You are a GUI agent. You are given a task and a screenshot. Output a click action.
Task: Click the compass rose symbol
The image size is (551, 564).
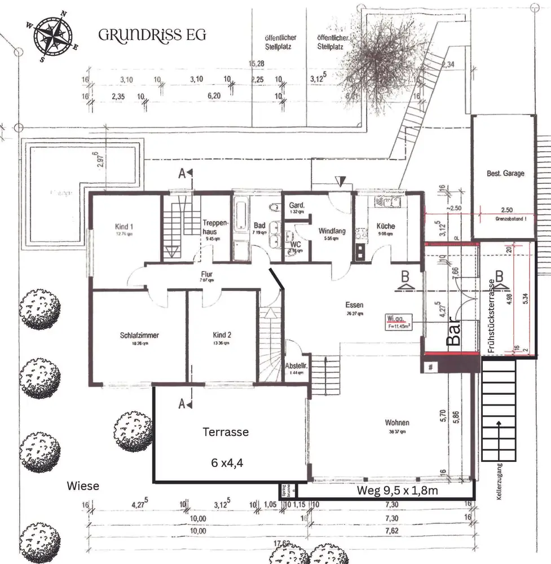point(53,36)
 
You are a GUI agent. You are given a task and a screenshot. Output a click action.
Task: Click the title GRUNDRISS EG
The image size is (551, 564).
point(152,35)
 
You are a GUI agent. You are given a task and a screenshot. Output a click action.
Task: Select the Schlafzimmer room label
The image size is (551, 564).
point(139,335)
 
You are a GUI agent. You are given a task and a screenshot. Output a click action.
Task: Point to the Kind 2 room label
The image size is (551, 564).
point(222,334)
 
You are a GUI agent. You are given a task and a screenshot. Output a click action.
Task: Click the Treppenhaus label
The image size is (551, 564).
point(215,227)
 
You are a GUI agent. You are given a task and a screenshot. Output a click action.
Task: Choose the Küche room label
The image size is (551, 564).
point(386,226)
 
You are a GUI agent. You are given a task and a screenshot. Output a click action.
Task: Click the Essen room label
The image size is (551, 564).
point(355,305)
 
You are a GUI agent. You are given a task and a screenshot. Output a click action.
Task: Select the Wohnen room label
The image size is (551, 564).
point(397,422)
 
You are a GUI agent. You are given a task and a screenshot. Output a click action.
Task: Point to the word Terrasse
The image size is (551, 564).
point(226,432)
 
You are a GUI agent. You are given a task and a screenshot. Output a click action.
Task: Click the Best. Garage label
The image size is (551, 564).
point(505,174)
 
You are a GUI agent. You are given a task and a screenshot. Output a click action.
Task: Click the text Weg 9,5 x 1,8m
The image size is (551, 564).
point(398,491)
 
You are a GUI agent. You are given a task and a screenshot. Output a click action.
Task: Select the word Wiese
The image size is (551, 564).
point(83,485)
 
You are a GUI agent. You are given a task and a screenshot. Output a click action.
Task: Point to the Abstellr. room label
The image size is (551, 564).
point(296,365)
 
